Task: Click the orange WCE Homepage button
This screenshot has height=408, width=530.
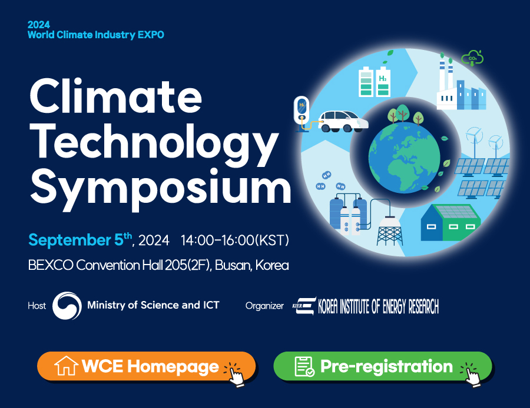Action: [146, 366]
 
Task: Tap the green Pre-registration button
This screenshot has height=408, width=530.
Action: [382, 366]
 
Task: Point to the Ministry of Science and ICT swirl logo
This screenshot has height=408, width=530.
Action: [67, 305]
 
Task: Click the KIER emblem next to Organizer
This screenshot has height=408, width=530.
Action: [304, 306]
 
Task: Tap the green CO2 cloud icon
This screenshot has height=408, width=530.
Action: [472, 58]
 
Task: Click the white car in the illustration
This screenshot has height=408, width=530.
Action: [343, 121]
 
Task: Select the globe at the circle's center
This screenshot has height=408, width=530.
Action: [405, 158]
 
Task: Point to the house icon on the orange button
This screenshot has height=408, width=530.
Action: [66, 366]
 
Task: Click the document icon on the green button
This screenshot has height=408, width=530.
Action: [304, 366]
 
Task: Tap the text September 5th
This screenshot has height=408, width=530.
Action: [80, 240]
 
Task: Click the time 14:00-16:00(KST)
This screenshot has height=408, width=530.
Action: [235, 240]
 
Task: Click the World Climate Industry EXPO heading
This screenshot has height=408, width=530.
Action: [96, 35]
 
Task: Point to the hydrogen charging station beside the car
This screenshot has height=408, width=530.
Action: [302, 113]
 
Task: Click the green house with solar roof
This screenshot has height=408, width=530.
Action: [450, 222]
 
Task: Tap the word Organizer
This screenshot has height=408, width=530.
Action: [264, 306]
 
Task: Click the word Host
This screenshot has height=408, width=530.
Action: [37, 306]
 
